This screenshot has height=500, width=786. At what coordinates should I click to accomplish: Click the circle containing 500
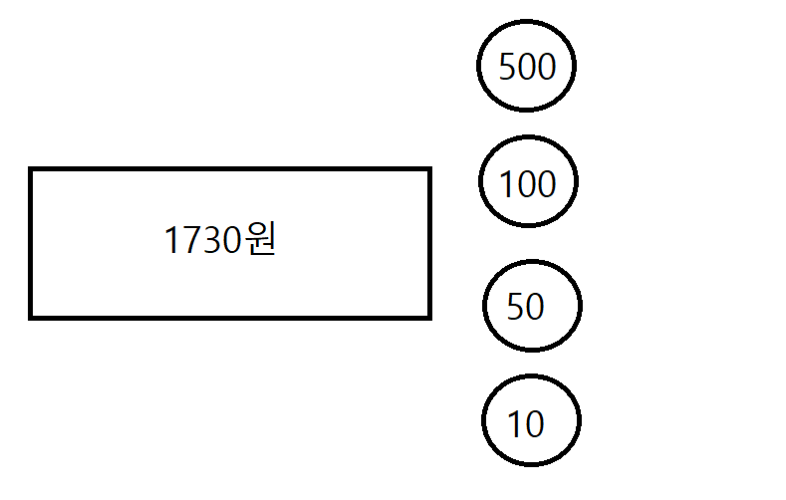coord(526,66)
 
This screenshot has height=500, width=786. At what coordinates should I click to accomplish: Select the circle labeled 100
coord(528,183)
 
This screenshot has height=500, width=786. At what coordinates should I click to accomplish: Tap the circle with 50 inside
coord(532,305)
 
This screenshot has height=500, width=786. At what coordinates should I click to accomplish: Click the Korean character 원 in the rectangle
coord(258,240)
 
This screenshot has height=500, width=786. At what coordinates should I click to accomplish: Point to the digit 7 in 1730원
coord(187,241)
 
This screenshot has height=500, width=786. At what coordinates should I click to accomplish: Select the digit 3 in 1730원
coord(208,241)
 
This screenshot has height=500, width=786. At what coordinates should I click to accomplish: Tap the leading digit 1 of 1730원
coord(170,241)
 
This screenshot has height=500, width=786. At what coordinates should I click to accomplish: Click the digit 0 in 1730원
coord(229,241)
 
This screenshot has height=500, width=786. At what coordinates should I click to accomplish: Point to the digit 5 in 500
coord(506,68)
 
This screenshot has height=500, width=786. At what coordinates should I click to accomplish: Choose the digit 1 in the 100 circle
coord(505,184)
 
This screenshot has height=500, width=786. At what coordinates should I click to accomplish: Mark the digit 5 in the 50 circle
coord(515,308)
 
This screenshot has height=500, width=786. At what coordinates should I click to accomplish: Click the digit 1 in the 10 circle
coord(514,425)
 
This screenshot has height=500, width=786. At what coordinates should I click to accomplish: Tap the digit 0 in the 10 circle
coord(534,425)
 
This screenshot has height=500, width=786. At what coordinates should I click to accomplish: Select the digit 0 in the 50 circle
coord(535,308)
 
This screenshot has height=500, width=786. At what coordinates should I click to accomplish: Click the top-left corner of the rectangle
coord(31,170)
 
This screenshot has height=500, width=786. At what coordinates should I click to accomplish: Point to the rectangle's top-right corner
coord(428,170)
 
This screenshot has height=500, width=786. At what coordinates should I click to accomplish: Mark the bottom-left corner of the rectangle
coord(31,317)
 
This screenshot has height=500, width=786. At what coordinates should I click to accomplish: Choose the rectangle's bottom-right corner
coord(428,317)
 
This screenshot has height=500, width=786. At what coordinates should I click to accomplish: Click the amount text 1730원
coord(219,241)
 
